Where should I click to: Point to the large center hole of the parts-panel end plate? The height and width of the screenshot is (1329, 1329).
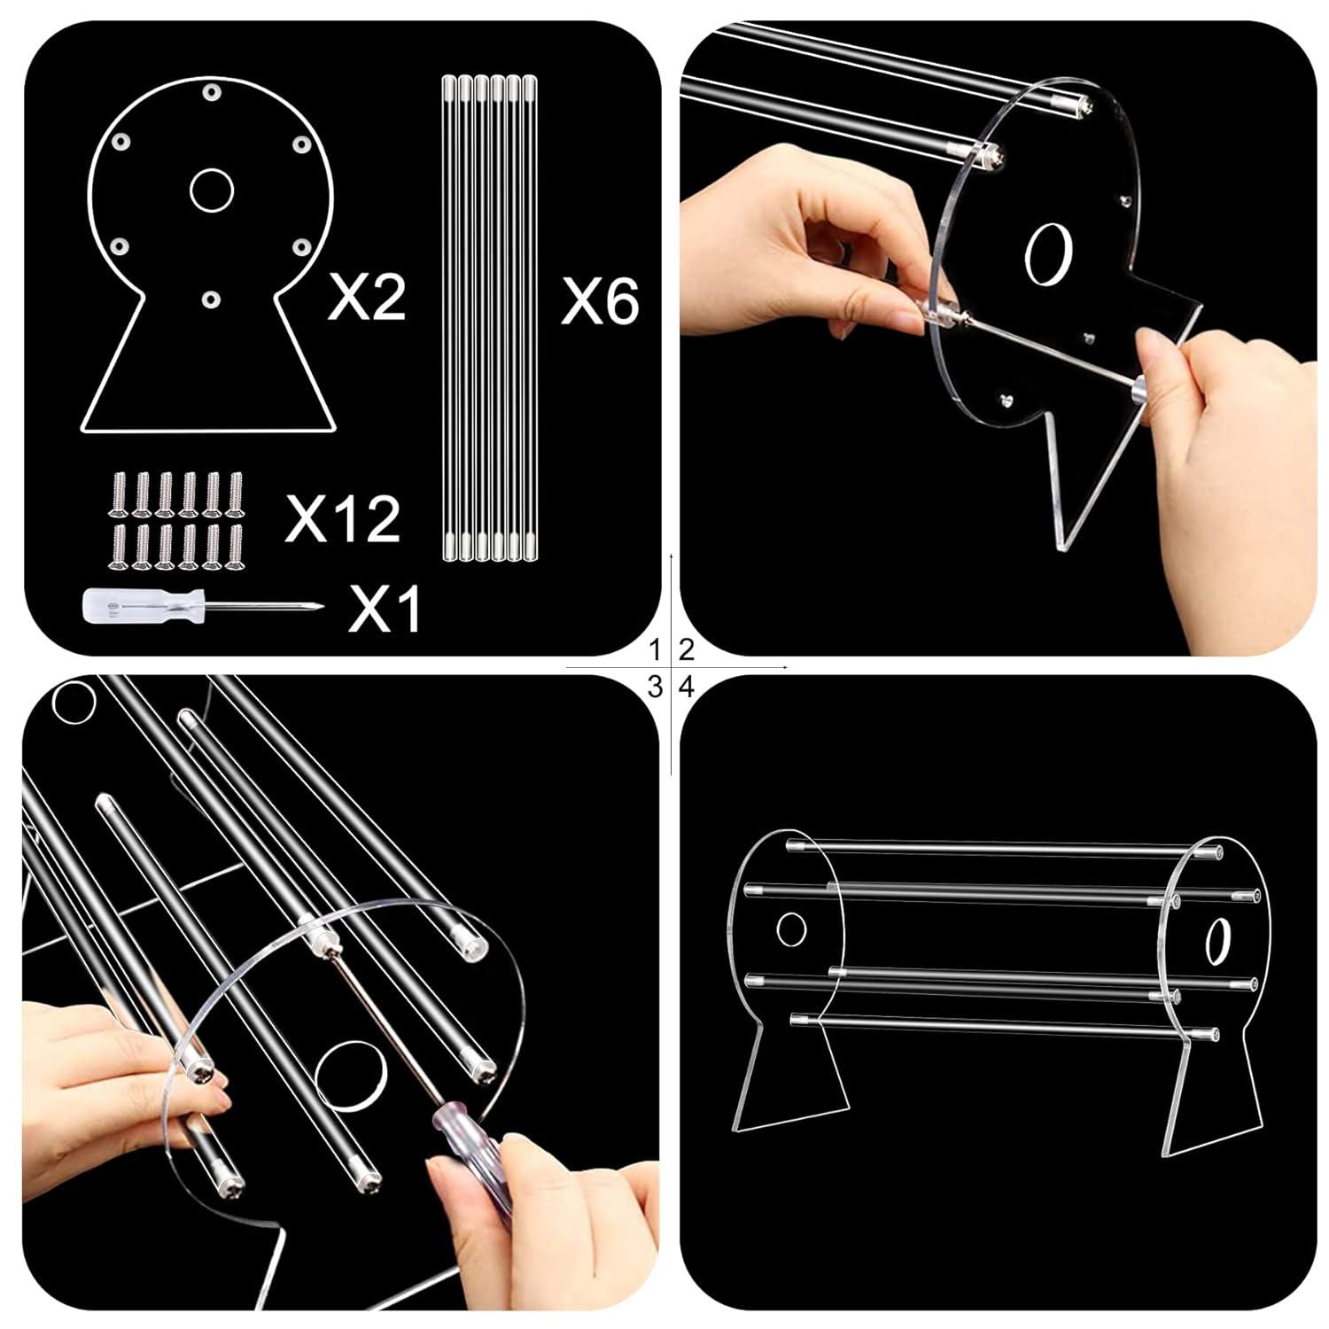(211, 189)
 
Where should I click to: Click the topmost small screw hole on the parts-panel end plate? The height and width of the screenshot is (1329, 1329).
(211, 92)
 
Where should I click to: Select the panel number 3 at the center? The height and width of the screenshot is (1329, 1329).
(655, 687)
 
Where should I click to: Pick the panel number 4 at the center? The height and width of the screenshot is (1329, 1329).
(686, 687)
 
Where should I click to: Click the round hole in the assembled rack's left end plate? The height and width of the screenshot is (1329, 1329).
(791, 929)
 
